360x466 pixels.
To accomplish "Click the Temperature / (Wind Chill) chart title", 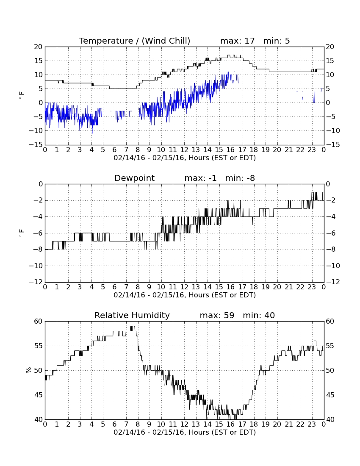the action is click(x=135, y=41).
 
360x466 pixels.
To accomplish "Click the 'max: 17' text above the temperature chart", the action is click(x=238, y=41).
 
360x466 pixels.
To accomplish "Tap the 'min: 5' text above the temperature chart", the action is click(x=277, y=41).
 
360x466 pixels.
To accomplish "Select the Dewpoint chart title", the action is click(x=135, y=178).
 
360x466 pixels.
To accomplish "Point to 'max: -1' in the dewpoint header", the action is click(x=200, y=178).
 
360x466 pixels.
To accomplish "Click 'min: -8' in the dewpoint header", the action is click(x=240, y=178).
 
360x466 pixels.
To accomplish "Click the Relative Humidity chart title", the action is click(x=132, y=315).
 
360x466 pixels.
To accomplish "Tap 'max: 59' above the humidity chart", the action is click(x=217, y=315).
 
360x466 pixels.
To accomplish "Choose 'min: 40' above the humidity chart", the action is click(x=259, y=315).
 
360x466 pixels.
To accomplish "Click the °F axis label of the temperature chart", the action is click(x=22, y=95).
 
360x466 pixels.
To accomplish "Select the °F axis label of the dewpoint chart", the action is click(x=22, y=233).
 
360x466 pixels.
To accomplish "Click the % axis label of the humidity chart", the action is click(x=28, y=370).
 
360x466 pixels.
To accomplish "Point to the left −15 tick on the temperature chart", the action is click(x=36, y=145).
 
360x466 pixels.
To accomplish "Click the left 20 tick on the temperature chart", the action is click(x=39, y=47).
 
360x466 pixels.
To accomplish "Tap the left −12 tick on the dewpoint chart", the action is click(x=36, y=282).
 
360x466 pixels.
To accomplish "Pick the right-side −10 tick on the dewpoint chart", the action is click(x=333, y=266).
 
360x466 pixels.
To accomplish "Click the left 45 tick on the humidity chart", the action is click(x=39, y=395).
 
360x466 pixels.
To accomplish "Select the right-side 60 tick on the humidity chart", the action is click(x=330, y=321).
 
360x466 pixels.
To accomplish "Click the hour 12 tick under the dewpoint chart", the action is click(x=184, y=287).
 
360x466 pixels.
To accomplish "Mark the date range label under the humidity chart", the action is click(x=185, y=432).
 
